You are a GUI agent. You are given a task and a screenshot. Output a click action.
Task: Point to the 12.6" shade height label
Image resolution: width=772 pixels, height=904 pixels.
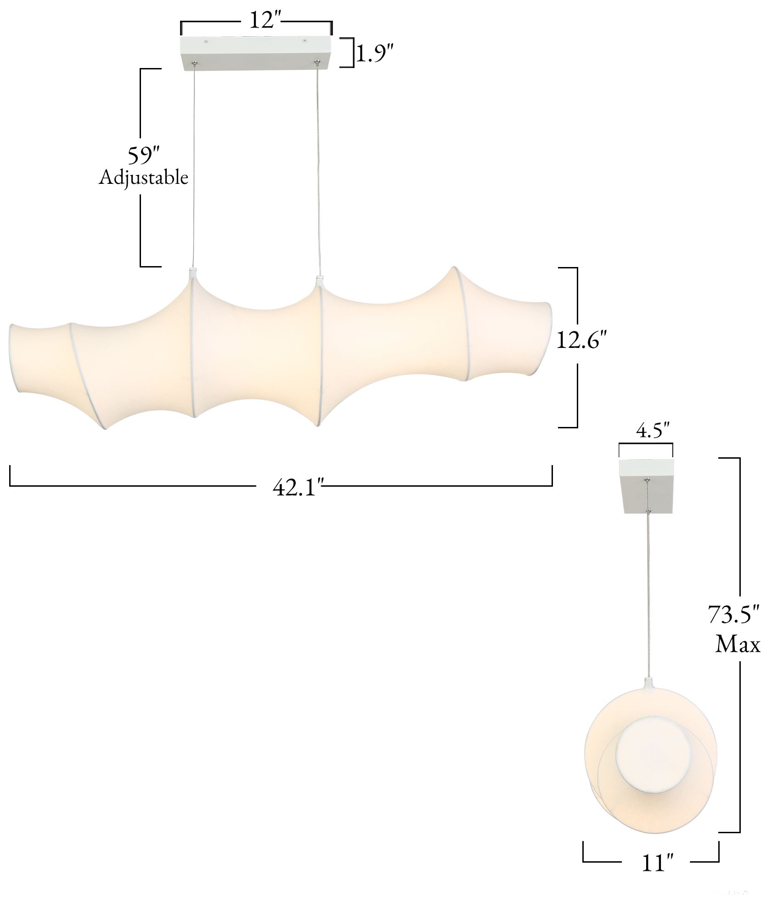(582, 341)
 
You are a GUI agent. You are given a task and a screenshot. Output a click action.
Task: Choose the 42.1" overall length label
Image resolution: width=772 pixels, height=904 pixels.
(299, 487)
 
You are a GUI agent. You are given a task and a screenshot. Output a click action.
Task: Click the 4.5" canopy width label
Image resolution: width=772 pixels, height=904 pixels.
(653, 432)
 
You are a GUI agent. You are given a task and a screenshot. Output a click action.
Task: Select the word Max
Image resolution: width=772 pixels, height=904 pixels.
(738, 644)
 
